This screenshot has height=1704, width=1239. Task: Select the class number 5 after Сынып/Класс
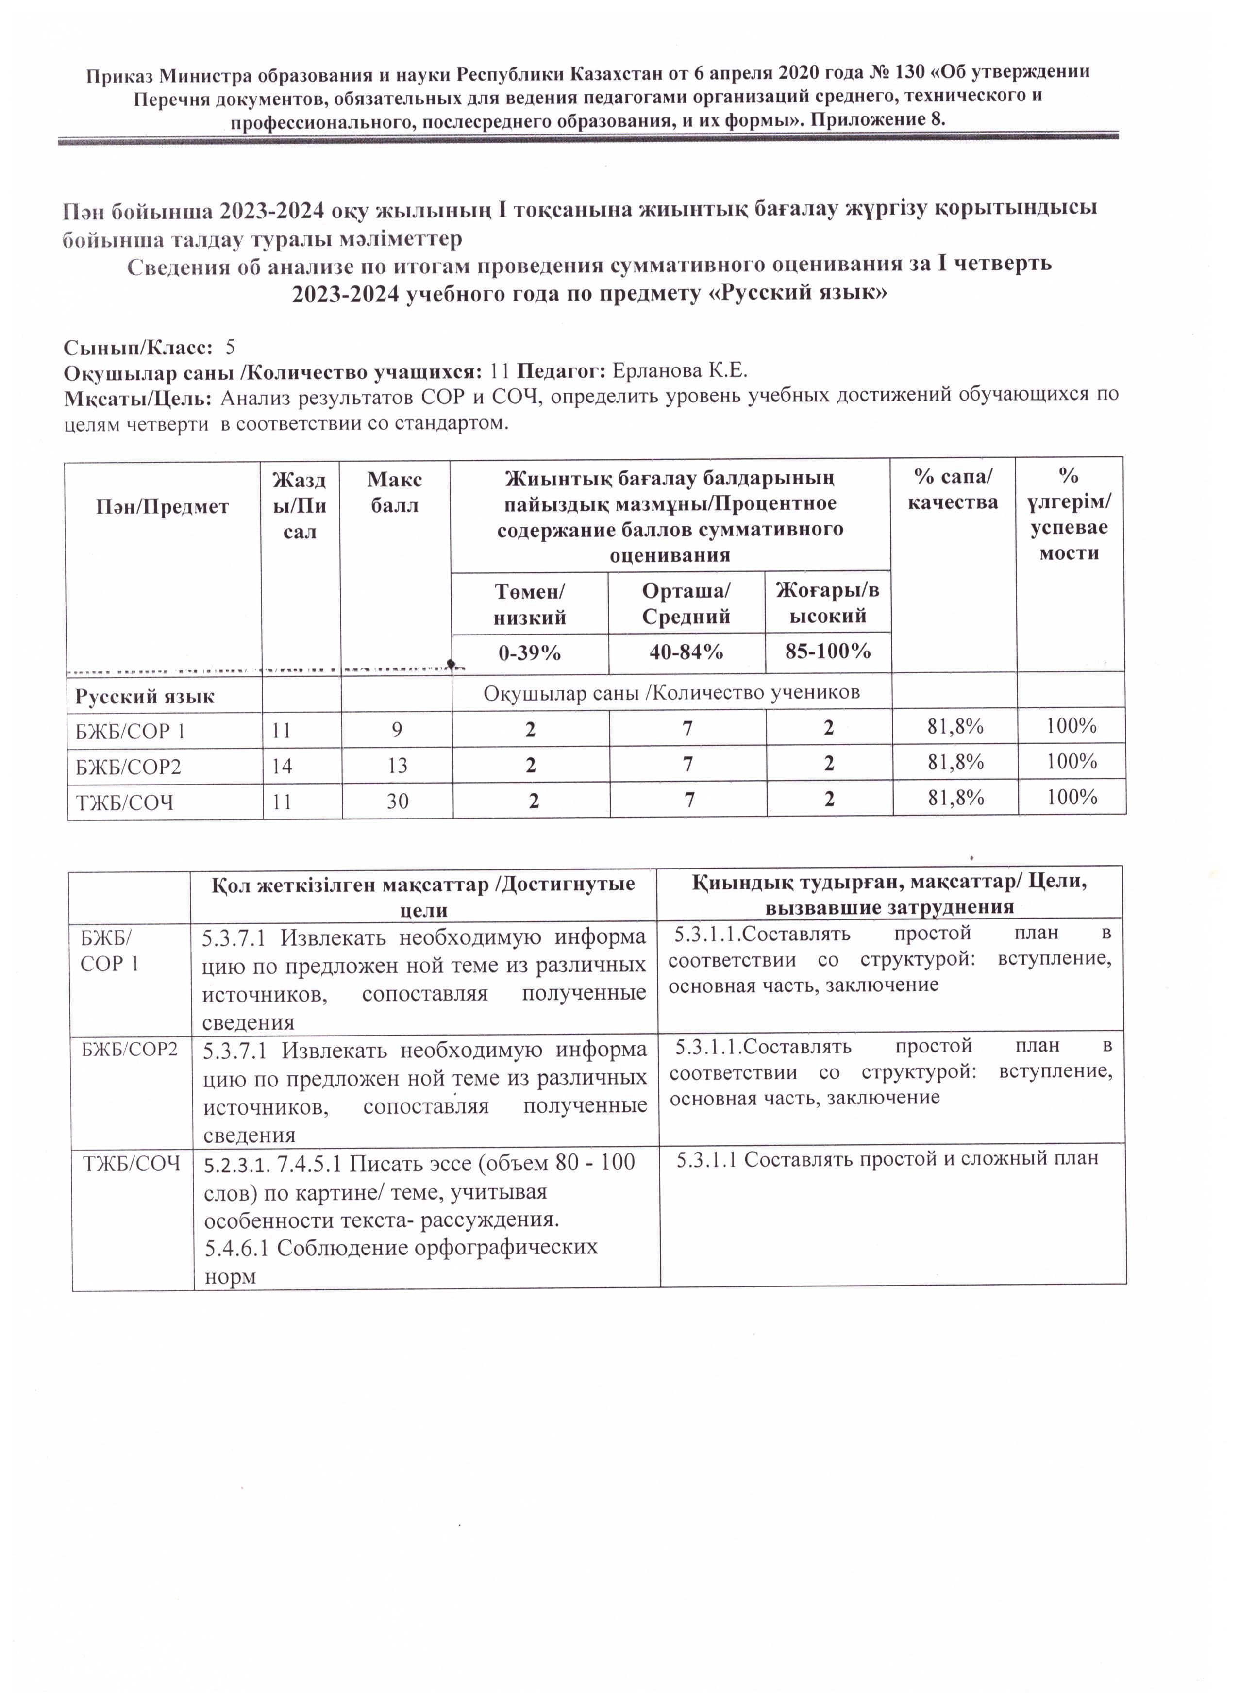tap(231, 347)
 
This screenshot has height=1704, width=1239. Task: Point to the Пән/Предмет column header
tap(162, 507)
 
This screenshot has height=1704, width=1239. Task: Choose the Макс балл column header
tap(394, 492)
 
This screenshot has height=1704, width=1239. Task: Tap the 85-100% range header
tap(828, 651)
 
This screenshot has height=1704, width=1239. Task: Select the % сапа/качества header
tap(952, 489)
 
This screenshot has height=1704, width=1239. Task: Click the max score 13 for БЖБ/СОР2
tap(398, 766)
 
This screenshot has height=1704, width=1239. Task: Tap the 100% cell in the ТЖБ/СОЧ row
tap(1072, 797)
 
